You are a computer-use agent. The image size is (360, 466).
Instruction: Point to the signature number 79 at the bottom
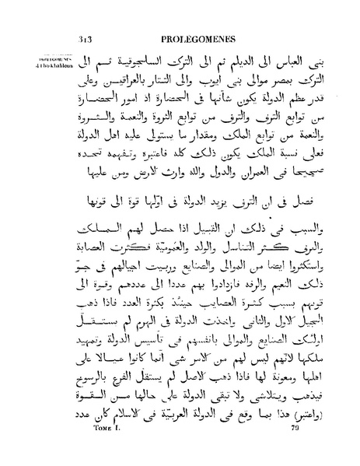coord(296,448)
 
